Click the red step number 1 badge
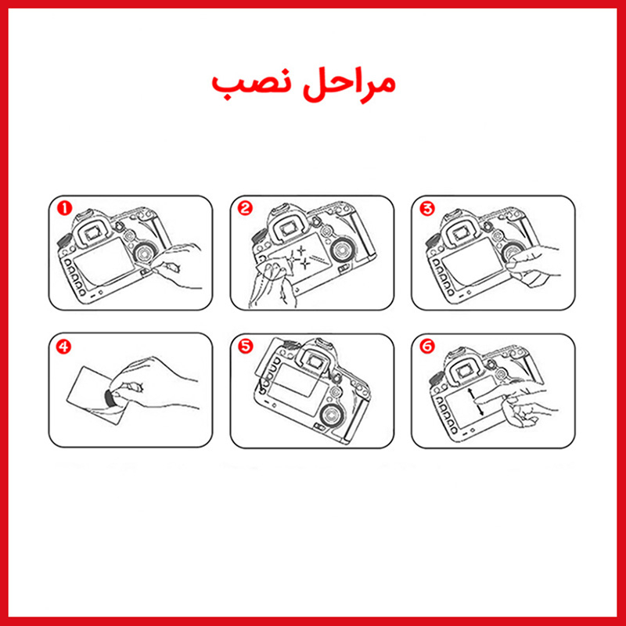coord(64,208)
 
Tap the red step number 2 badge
coord(245,208)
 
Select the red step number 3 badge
coord(427,208)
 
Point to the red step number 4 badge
coord(63,346)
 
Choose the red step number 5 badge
coord(246,346)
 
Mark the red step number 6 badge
coord(427,346)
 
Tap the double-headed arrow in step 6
coord(476,401)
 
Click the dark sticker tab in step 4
coord(110,398)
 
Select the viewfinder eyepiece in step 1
coord(93,232)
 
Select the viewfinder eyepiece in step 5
coord(315,362)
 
